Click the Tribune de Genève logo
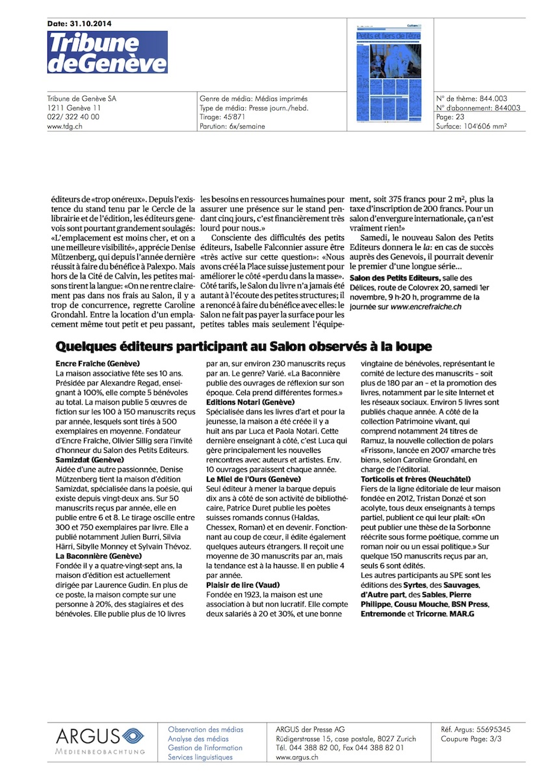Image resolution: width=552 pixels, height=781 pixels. (107, 51)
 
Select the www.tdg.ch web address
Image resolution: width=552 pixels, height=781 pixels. (64, 126)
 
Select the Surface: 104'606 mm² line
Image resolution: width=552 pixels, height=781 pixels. (471, 126)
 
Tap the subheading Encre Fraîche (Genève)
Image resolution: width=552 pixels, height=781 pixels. (98, 363)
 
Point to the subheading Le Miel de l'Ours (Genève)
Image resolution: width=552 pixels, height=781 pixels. (253, 478)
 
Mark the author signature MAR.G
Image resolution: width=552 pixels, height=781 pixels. (460, 614)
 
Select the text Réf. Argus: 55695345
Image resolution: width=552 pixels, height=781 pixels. (475, 729)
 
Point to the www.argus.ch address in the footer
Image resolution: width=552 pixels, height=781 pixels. (297, 757)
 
